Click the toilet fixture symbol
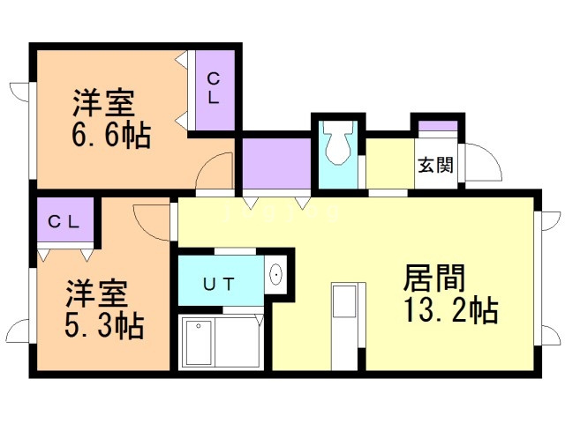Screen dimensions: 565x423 point(338,143)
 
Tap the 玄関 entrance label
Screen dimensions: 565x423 point(435,165)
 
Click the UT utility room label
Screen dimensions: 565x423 point(219,284)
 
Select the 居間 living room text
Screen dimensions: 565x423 point(433,278)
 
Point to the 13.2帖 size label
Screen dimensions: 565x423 point(451,310)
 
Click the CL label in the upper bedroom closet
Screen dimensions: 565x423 point(214,88)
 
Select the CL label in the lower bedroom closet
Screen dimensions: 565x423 point(64,222)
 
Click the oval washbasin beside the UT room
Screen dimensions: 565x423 point(276,275)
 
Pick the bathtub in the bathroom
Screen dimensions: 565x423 point(197,343)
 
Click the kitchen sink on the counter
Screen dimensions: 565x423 point(344,301)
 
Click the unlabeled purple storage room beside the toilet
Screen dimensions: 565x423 point(276,163)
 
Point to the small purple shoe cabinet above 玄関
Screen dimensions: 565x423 point(438,126)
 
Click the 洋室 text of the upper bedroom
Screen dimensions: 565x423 point(104,103)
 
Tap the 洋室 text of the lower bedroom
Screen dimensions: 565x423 point(96,293)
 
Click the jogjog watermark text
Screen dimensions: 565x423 point(282,212)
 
